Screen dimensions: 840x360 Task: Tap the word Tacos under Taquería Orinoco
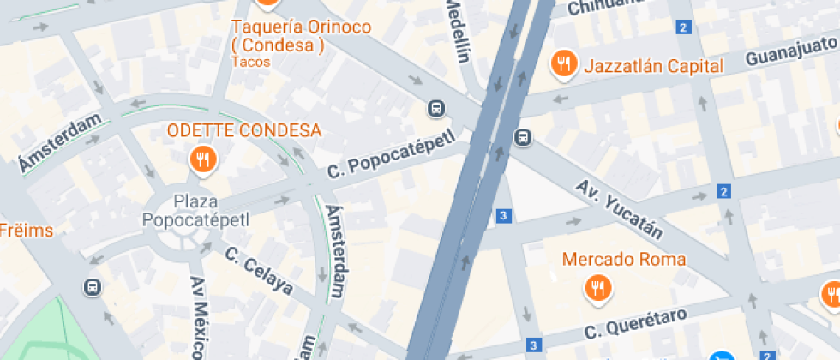click(x=251, y=62)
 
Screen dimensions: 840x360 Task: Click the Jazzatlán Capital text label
click(x=654, y=66)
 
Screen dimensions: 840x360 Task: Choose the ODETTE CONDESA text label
click(x=244, y=131)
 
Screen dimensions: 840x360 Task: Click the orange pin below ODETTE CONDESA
click(x=202, y=159)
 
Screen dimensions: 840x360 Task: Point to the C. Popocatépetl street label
click(x=390, y=157)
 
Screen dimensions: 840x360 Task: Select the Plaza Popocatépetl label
click(x=195, y=210)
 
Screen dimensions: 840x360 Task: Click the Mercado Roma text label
click(x=624, y=259)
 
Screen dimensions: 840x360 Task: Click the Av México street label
click(x=198, y=317)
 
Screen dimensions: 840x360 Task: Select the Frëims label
click(x=26, y=231)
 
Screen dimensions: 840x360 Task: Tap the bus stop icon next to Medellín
click(x=436, y=108)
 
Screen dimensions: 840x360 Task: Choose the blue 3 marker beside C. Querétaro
click(x=534, y=345)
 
